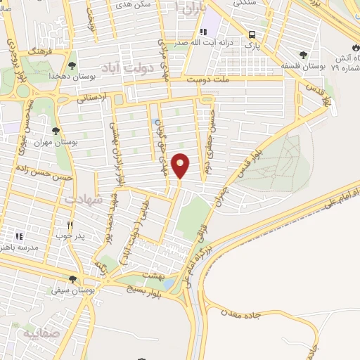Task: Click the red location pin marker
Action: [x=181, y=165]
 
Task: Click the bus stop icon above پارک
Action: [x=251, y=34]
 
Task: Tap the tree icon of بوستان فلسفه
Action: [x=303, y=56]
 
